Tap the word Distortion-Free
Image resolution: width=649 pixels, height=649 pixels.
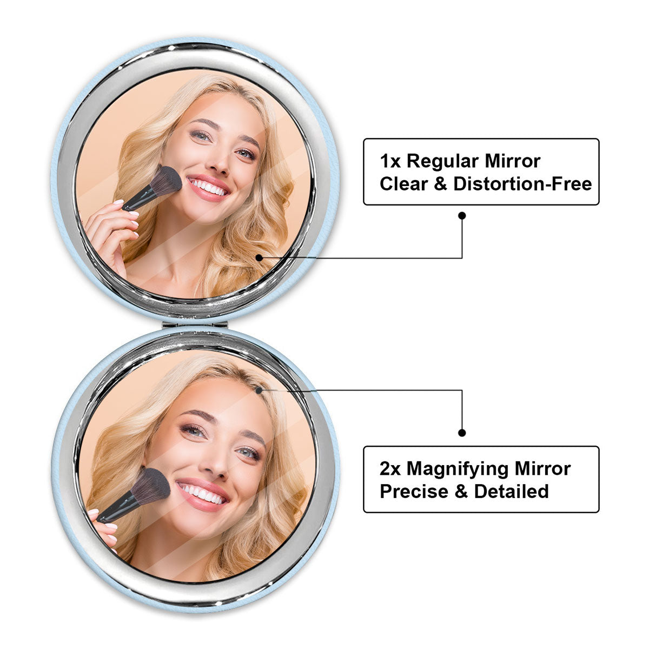522,184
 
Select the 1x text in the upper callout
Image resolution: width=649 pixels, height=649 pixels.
390,161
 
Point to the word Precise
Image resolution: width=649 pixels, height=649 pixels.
414,491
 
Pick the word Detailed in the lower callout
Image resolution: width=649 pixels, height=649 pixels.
511,491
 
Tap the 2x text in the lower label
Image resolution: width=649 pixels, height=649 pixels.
390,468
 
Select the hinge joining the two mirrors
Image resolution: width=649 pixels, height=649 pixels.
195,325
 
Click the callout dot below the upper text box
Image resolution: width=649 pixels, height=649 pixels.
462,216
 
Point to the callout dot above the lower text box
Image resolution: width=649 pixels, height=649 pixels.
462,433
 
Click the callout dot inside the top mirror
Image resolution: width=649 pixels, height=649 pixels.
259,257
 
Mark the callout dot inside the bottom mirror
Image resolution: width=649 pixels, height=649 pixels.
259,390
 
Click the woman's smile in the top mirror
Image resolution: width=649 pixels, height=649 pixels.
208,187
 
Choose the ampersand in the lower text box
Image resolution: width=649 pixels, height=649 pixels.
461,491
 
